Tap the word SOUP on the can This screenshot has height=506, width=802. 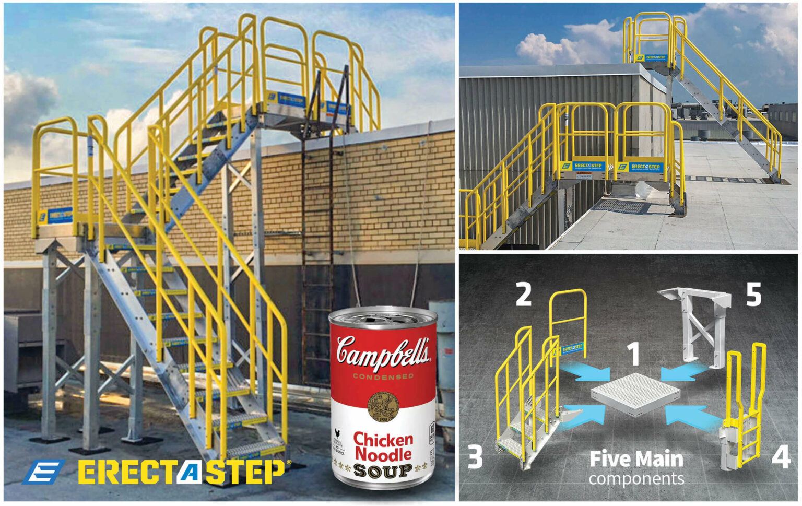coord(383,471)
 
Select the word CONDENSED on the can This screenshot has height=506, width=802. coord(383,376)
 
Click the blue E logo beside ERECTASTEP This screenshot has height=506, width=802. coord(44,471)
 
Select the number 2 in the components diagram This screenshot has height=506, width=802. coord(523,295)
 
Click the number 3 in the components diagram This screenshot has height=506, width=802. coord(475,456)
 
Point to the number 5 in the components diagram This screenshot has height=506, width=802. coord(753,295)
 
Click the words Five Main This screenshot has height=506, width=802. coord(636,459)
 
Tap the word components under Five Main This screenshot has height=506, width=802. coord(636,478)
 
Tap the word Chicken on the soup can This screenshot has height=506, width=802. coord(383,439)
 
